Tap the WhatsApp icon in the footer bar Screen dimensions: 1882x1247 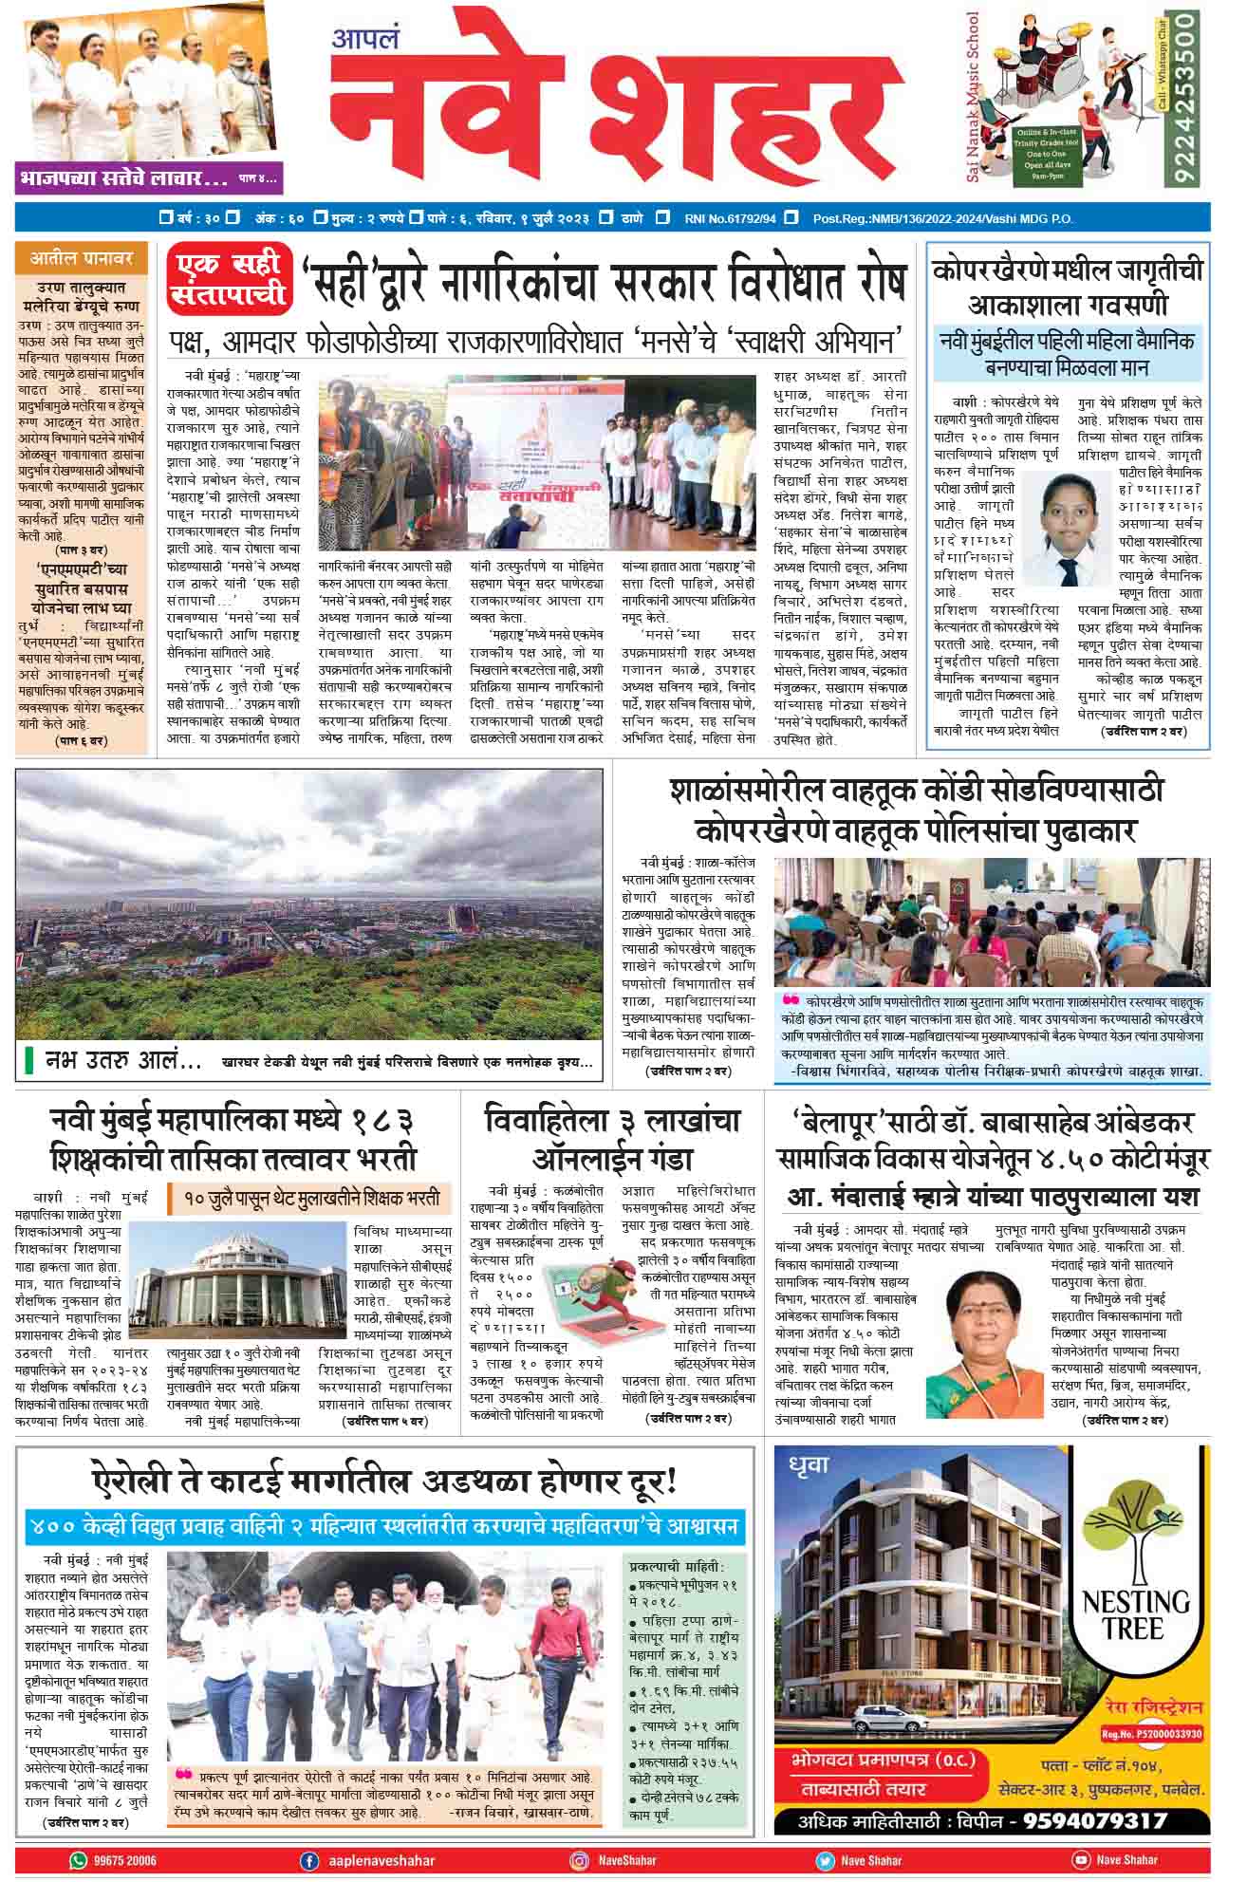point(78,1861)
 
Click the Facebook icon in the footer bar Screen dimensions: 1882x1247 point(308,1861)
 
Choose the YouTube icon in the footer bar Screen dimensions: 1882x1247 point(1079,1861)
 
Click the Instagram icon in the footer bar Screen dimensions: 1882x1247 point(579,1861)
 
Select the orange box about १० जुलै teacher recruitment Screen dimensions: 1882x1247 point(308,1199)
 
